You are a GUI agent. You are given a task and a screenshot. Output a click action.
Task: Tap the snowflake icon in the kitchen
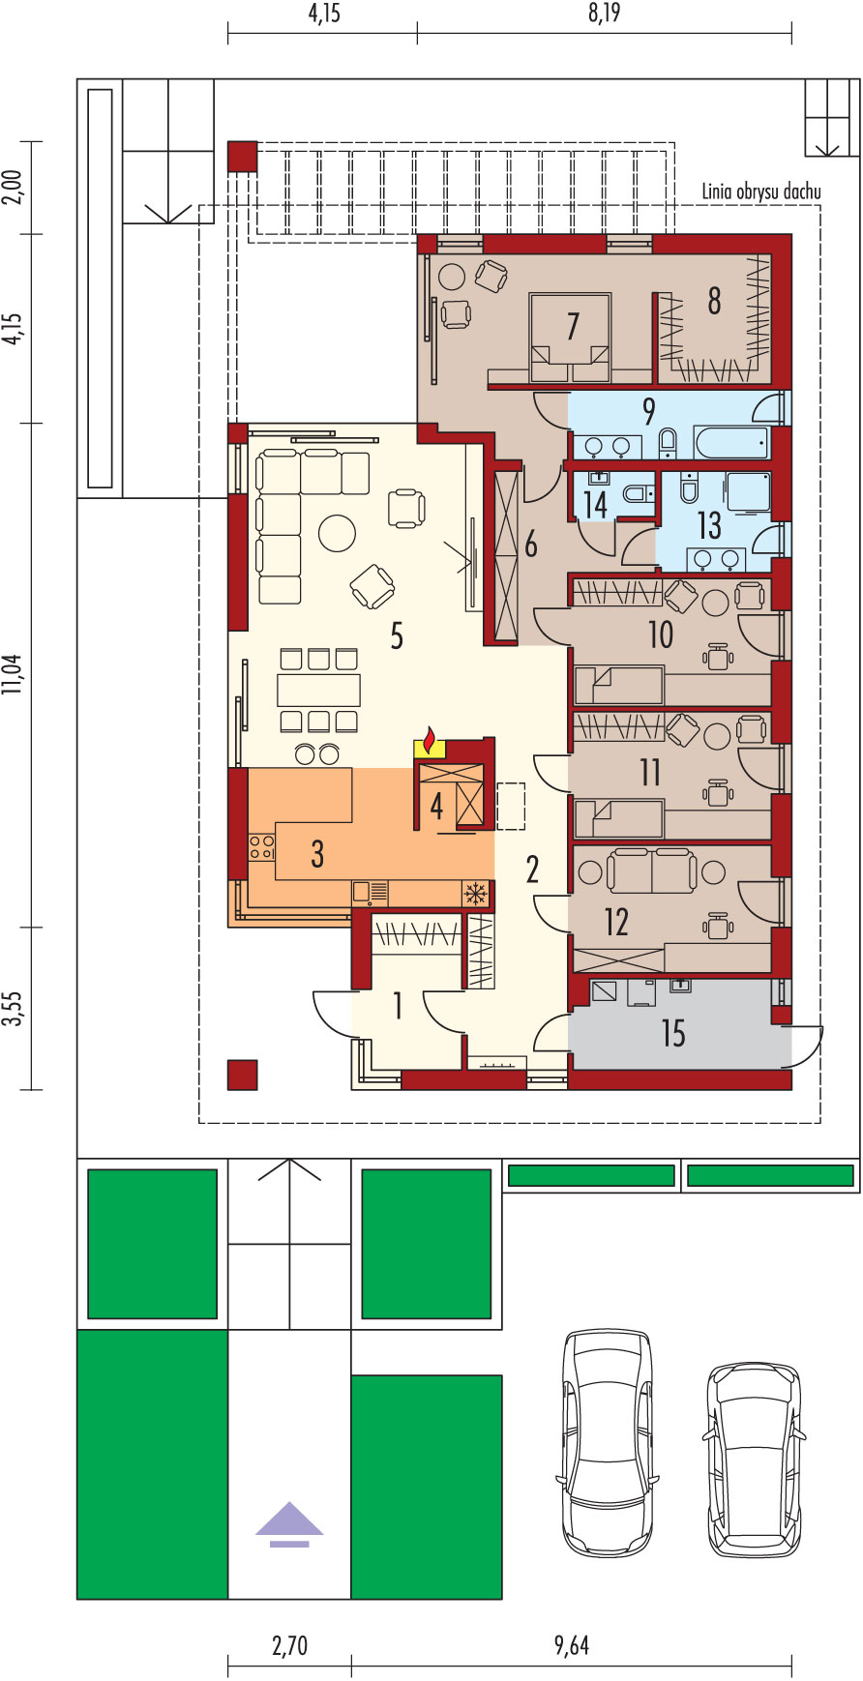pyautogui.click(x=475, y=894)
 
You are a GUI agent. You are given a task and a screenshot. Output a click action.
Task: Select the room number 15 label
pyautogui.click(x=673, y=1033)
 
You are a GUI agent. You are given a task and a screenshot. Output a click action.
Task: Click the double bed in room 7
pyautogui.click(x=571, y=338)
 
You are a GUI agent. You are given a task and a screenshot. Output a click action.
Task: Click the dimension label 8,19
pyautogui.click(x=604, y=13)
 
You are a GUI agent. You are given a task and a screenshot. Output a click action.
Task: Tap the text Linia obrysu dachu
pyautogui.click(x=761, y=192)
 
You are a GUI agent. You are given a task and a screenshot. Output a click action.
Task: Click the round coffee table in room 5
pyautogui.click(x=338, y=533)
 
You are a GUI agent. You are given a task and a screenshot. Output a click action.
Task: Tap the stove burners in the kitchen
pyautogui.click(x=261, y=847)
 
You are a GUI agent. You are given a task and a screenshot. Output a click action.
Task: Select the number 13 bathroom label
pyautogui.click(x=709, y=525)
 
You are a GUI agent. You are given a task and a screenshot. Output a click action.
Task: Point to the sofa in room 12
pyautogui.click(x=650, y=870)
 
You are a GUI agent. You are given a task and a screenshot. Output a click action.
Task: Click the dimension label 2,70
pyautogui.click(x=289, y=1645)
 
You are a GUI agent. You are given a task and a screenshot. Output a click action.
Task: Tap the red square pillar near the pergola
pyautogui.click(x=242, y=157)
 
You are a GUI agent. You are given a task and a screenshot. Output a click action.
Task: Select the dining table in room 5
pyautogui.click(x=318, y=690)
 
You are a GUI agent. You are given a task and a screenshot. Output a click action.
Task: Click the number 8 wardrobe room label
pyautogui.click(x=714, y=301)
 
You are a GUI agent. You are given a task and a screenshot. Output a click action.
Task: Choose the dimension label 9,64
pyautogui.click(x=572, y=1645)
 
